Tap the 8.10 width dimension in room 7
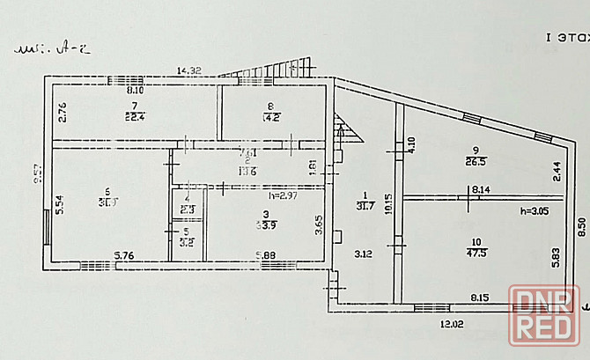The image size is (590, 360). click(x=135, y=90)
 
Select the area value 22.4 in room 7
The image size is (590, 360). click(x=135, y=114)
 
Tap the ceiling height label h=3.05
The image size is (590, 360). click(x=511, y=211)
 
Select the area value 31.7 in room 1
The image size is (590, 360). click(x=365, y=206)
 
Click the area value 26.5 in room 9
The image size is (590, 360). click(x=477, y=161)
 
